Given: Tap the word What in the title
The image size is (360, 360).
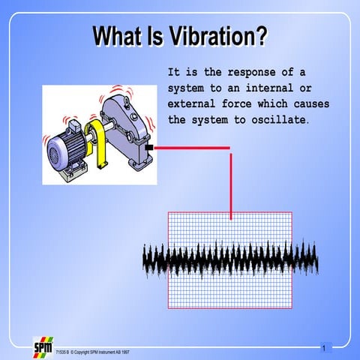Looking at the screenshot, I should pyautogui.click(x=118, y=36).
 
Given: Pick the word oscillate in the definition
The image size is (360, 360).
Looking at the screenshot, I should pyautogui.click(x=275, y=120).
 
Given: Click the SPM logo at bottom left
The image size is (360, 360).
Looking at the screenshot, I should pyautogui.click(x=43, y=348).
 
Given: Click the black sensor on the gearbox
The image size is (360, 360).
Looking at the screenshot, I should pyautogui.click(x=150, y=148).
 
